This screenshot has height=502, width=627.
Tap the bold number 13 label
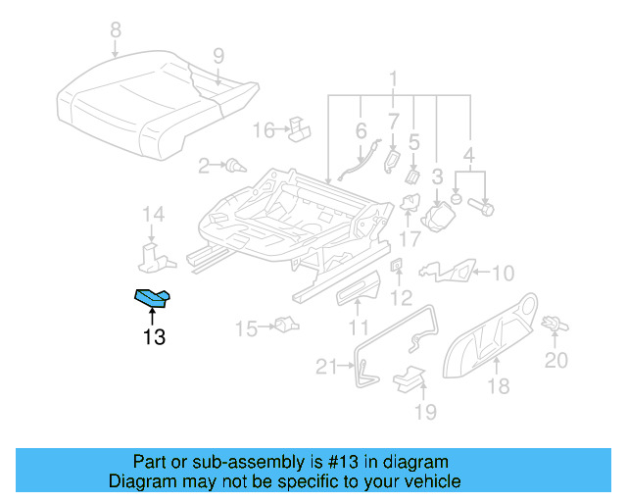pyautogui.click(x=153, y=338)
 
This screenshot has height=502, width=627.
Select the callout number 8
pyautogui.click(x=116, y=30)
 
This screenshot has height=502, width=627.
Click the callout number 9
pyautogui.click(x=217, y=55)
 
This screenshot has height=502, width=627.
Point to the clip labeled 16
pyautogui.click(x=300, y=126)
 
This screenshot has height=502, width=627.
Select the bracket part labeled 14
pyautogui.click(x=152, y=257)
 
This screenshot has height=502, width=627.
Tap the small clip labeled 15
pyautogui.click(x=285, y=325)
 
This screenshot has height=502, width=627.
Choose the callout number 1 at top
pyautogui.click(x=393, y=78)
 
